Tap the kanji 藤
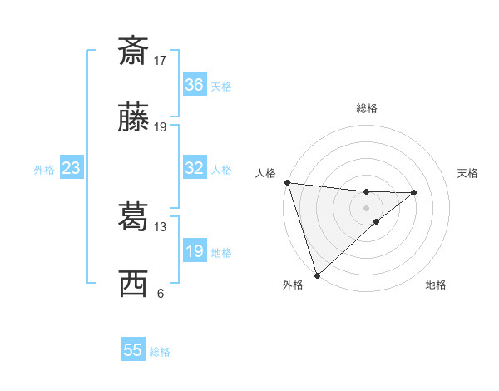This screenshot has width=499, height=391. pos(133,118)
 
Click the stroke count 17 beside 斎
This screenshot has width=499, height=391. pos(161,60)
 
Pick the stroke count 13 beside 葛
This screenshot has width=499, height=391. pos(161,226)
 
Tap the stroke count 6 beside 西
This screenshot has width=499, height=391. pos(161,293)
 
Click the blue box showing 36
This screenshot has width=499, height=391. pos(194,85)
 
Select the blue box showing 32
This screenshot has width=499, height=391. pos(194,168)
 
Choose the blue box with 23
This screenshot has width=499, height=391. pos(71,168)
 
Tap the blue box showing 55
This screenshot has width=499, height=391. pos(133,350)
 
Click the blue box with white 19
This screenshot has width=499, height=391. pos(194,251)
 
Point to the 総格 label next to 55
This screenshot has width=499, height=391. pos(160,352)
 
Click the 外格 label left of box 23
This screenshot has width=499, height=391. pos(44,170)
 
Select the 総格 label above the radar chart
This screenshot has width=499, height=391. pos(366,108)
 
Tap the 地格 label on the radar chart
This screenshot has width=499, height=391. pos(436,285)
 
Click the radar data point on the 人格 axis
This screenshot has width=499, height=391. pos(287,182)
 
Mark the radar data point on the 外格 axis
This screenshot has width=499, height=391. pos(317,275)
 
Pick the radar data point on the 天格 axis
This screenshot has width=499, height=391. pos(414,193)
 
